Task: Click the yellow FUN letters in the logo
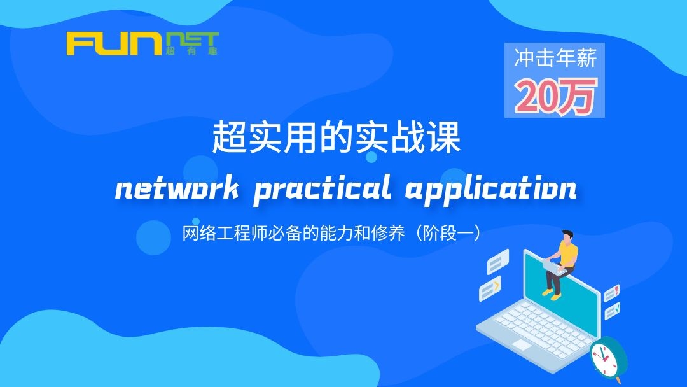click(x=114, y=43)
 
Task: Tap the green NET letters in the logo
click(x=192, y=39)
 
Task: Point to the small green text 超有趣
click(x=192, y=51)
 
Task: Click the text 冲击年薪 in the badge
click(x=555, y=59)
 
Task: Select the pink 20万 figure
click(x=556, y=96)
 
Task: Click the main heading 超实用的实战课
click(x=336, y=137)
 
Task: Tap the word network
click(x=177, y=189)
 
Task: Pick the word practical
click(x=322, y=189)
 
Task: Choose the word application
click(x=490, y=189)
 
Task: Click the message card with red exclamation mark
click(x=612, y=293)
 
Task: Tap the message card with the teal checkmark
click(x=612, y=311)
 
